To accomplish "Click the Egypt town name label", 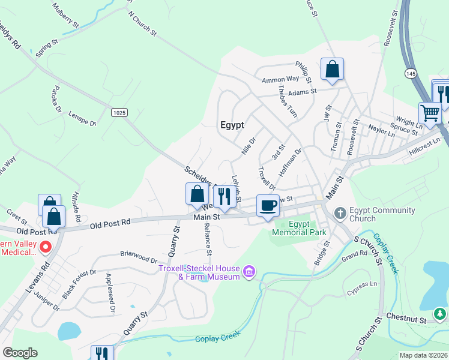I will pos(232,125).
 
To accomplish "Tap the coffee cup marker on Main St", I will pos(268,205).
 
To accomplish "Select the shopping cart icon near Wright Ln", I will pos(430,112).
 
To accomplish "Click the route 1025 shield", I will pos(119,112).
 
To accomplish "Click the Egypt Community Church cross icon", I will pos(340,213).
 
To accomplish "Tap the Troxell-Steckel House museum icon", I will pos(249,273).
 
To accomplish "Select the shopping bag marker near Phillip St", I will pos(332,69).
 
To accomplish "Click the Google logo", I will pos(20,353).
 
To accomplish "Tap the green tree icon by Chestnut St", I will pos(441,313).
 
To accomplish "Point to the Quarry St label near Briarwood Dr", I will pos(175,243).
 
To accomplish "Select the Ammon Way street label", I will pos(280,79).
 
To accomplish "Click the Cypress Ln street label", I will pos(362,288).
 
